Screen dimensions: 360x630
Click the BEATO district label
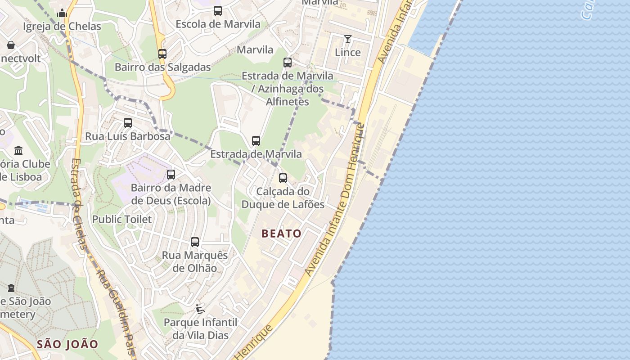(281, 233)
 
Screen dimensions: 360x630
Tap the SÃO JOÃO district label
(67, 344)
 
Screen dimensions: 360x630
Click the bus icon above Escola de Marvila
(218, 11)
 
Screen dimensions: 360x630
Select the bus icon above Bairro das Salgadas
(162, 54)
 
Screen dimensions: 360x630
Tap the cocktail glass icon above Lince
(348, 39)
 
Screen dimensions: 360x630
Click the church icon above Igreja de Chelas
(62, 13)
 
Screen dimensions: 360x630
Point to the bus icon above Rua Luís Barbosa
(128, 123)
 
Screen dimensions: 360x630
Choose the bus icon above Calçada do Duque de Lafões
(283, 178)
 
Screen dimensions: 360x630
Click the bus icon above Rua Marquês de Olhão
(195, 242)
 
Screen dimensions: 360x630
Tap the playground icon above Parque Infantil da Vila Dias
(200, 309)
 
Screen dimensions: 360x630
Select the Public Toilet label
(122, 219)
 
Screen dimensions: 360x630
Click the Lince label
(348, 52)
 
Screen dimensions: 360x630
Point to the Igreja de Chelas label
(62, 27)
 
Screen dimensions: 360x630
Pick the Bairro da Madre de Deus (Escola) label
(171, 194)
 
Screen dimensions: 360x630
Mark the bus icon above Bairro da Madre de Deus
(171, 175)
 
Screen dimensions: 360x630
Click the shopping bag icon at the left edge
(11, 45)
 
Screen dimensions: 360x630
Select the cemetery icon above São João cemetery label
(11, 288)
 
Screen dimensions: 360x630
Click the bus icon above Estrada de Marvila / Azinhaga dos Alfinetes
(288, 63)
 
